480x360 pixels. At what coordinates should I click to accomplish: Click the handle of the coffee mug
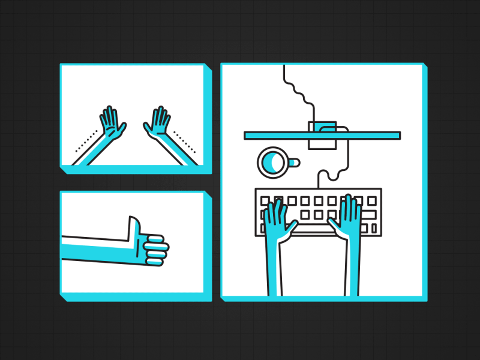[293, 162]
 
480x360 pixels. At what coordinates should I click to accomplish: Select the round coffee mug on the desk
[272, 163]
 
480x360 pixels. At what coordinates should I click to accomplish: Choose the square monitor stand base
[323, 136]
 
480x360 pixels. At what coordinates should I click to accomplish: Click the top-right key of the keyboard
[371, 200]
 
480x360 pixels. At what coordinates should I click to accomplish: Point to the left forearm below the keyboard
[275, 270]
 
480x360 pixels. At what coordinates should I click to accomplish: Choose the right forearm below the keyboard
[352, 270]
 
